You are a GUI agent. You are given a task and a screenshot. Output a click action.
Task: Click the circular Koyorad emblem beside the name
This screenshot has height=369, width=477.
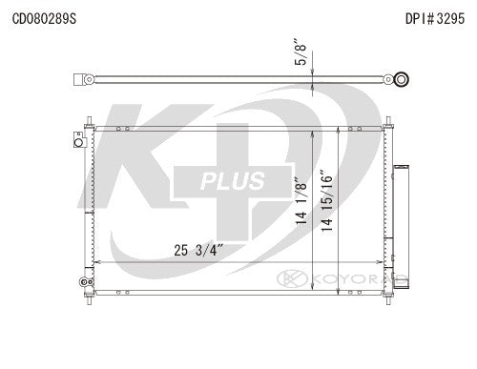coord(288,279)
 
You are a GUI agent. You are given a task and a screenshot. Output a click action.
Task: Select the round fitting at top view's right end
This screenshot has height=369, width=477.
coord(403,80)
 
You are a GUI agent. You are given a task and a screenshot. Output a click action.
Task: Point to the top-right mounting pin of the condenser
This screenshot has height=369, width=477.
coord(387,124)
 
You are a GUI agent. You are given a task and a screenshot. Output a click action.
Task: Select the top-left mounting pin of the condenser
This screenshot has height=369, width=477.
coord(90,124)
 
